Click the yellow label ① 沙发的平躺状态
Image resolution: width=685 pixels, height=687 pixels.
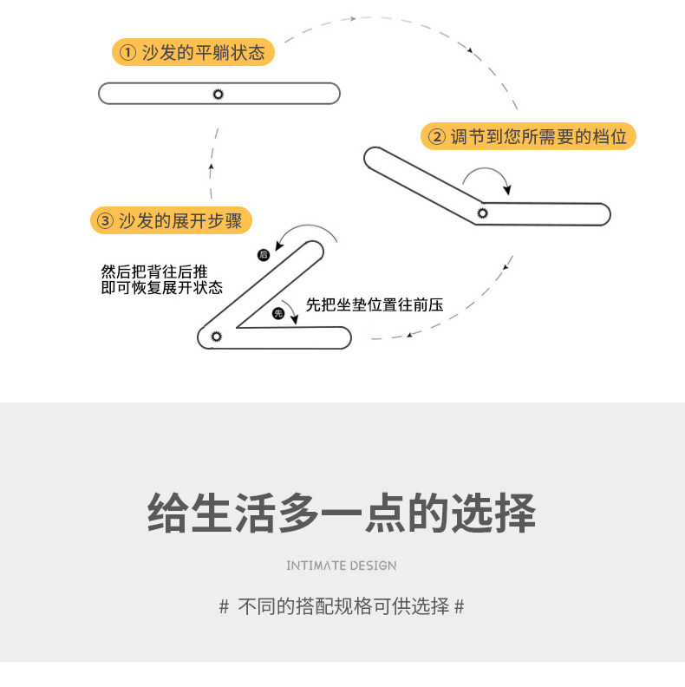click(x=193, y=53)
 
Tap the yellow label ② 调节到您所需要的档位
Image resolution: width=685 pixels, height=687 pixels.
click(x=529, y=136)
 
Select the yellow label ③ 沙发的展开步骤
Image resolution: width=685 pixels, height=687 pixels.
click(x=171, y=220)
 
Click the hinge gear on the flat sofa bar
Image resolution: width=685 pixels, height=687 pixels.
click(x=218, y=94)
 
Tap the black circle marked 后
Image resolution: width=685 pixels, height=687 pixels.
click(x=264, y=255)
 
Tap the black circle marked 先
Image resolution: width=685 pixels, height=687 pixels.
click(x=278, y=313)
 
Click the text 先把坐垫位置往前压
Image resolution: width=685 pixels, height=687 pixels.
click(x=375, y=305)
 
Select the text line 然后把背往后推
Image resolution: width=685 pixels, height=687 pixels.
click(x=154, y=272)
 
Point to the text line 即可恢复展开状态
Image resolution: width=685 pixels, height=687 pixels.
click(x=162, y=288)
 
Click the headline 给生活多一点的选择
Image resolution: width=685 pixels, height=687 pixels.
click(x=342, y=513)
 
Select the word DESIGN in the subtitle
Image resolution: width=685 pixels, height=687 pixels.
click(x=373, y=566)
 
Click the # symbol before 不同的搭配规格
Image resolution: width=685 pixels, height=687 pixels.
click(x=224, y=607)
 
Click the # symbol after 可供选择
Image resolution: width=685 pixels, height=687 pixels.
click(x=460, y=607)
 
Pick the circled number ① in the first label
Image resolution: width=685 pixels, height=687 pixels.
click(x=127, y=53)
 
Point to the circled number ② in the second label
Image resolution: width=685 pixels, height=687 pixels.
click(x=435, y=137)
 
